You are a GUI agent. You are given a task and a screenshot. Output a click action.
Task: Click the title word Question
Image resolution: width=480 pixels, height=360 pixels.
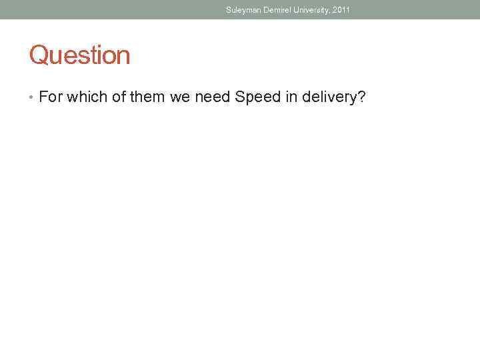coord(79,55)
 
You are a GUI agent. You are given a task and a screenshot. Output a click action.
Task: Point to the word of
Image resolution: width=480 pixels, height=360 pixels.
coord(117,97)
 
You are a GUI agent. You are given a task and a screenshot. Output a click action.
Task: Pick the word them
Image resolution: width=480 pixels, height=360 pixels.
coord(147,97)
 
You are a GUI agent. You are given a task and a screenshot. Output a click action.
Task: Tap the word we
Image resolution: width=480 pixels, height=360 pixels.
coord(180,97)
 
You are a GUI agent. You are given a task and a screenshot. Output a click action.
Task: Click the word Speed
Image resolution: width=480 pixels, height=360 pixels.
coord(258,97)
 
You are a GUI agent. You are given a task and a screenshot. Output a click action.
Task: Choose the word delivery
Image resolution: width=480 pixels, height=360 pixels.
coord(330,97)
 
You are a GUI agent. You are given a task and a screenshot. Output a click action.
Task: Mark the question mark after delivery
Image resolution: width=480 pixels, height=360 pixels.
coord(361,97)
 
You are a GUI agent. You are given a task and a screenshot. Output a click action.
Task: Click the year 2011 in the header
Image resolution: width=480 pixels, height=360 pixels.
coord(341,10)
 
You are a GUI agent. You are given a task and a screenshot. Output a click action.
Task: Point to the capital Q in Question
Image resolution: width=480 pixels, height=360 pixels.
coord(38,55)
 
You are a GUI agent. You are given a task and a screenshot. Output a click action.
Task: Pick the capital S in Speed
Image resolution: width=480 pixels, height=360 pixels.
coord(240,97)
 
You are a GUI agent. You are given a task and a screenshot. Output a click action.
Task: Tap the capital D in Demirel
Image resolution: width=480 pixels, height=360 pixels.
coord(265,10)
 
